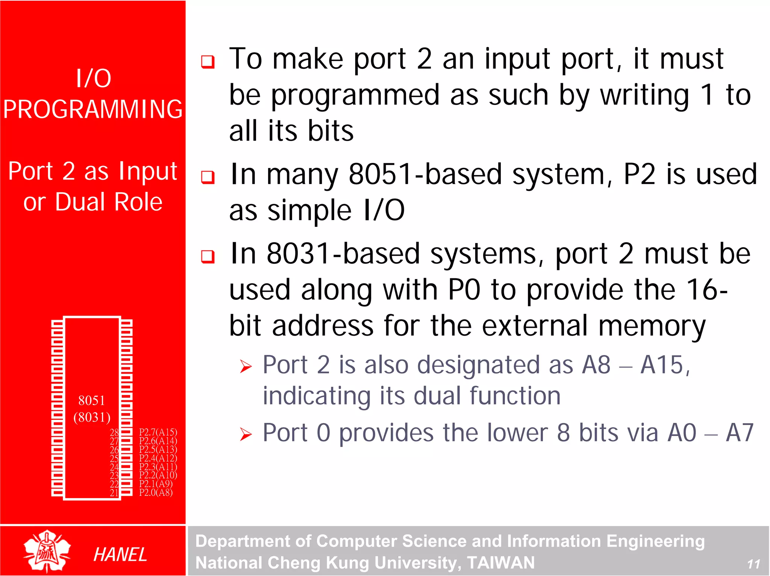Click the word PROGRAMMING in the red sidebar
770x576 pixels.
(93, 109)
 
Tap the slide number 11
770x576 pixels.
(753, 564)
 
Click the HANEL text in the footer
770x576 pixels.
(120, 555)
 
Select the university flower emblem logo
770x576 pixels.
(47, 551)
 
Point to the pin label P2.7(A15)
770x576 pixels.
(158, 432)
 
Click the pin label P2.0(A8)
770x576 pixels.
(156, 492)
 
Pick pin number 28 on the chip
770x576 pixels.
(114, 432)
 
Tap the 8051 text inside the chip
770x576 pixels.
(91, 401)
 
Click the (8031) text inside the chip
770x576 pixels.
(92, 417)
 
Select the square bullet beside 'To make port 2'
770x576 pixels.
(208, 61)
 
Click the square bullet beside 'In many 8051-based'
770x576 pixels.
(208, 177)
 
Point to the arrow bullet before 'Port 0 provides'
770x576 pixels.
(246, 435)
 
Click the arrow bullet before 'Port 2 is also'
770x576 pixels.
(246, 366)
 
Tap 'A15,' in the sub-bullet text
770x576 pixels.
(665, 365)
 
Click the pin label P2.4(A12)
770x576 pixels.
(158, 458)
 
